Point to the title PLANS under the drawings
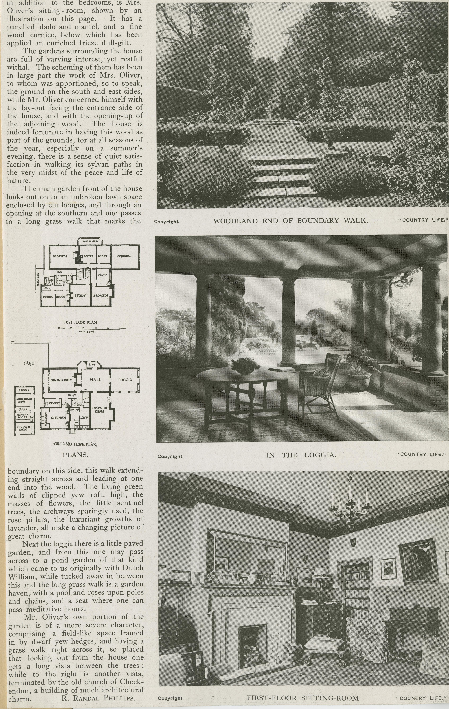coord(75,455)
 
